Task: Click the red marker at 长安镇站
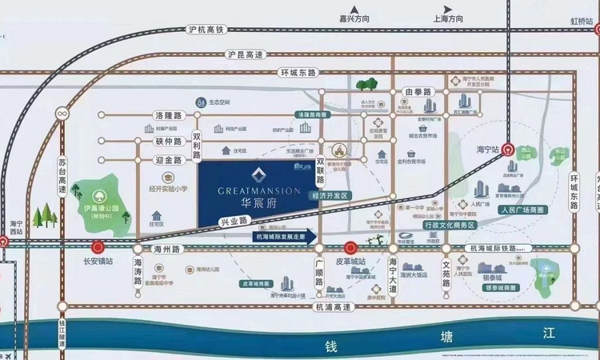pos(98,247)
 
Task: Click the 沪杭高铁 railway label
pos(209,30)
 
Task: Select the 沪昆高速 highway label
pos(245,54)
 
